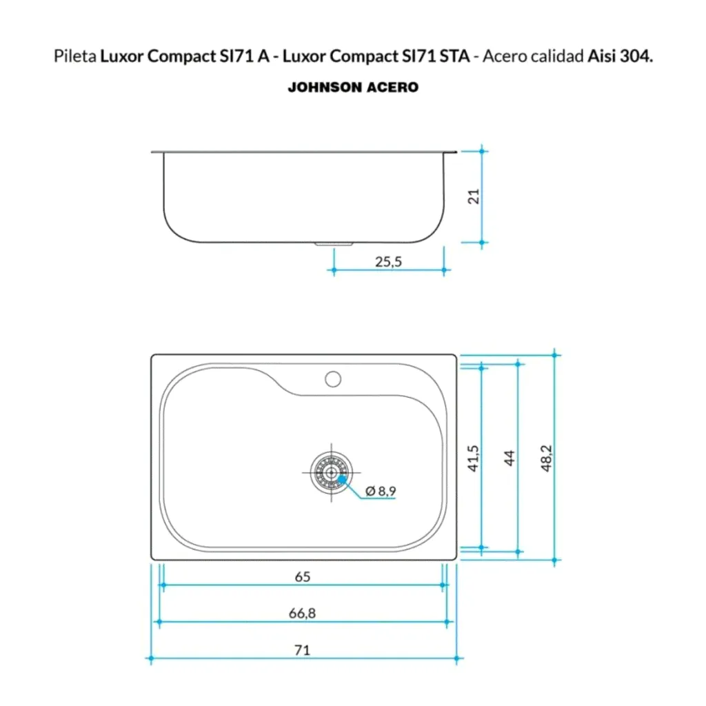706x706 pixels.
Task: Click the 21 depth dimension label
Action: [474, 196]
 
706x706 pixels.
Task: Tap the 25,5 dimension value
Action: [388, 261]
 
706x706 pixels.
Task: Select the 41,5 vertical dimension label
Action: [473, 458]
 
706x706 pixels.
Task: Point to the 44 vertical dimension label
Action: [510, 458]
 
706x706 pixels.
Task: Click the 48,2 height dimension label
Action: [546, 458]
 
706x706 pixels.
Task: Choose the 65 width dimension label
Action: [303, 577]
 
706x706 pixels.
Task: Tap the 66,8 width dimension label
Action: [302, 613]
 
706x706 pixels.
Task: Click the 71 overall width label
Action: [302, 650]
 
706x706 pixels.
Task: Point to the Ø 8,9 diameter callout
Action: [381, 491]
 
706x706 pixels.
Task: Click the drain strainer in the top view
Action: [332, 473]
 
